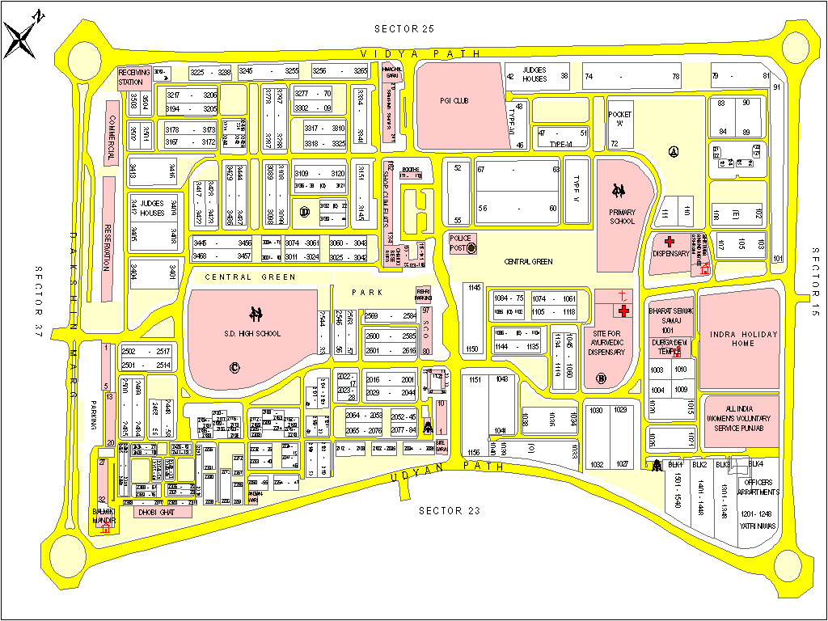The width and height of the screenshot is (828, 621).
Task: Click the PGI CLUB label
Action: click(x=454, y=101)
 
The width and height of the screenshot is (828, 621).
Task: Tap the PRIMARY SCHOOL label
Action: click(x=622, y=216)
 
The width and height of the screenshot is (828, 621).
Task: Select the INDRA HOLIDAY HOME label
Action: click(x=738, y=340)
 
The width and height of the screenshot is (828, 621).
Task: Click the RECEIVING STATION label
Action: click(x=133, y=77)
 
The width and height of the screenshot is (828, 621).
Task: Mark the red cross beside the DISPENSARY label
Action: click(x=669, y=241)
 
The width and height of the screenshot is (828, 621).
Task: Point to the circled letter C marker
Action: click(x=235, y=368)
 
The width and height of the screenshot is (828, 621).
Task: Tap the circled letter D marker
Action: click(x=305, y=212)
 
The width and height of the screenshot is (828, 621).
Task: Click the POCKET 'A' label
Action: click(x=620, y=119)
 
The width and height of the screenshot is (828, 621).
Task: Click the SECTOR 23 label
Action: click(x=441, y=510)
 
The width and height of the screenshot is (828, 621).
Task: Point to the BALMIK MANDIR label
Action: click(x=104, y=517)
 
